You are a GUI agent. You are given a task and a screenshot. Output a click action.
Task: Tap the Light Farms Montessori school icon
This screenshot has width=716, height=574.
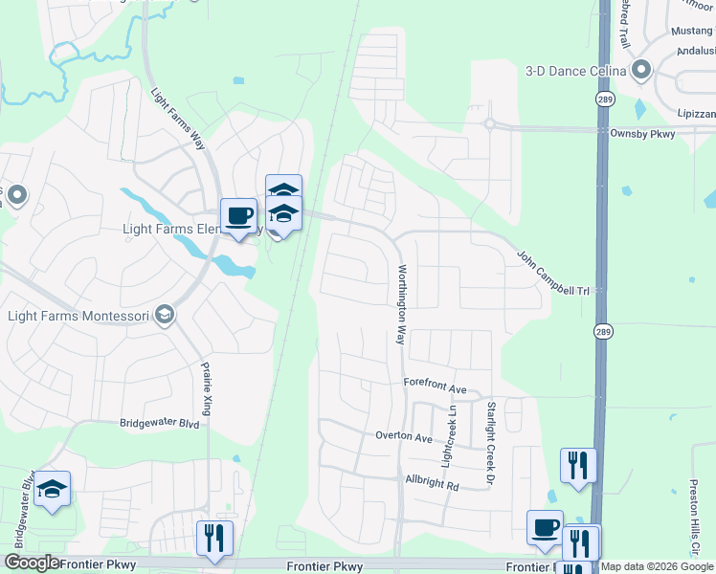tap(165, 316)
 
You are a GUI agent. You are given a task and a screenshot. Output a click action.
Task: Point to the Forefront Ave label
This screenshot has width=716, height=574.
tap(435, 389)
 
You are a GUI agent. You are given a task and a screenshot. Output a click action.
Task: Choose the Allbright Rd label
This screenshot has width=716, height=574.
tap(432, 485)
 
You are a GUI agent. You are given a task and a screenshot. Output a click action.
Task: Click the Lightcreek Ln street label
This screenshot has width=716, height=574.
tap(447, 434)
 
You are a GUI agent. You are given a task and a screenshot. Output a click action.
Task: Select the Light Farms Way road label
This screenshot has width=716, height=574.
tap(179, 121)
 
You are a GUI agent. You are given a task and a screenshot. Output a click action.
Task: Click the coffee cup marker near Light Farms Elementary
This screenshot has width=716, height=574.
tap(238, 215)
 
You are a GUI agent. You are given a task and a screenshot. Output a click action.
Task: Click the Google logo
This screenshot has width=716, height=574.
tap(31, 563)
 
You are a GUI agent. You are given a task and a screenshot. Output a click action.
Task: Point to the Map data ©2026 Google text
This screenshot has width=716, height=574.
tap(657, 566)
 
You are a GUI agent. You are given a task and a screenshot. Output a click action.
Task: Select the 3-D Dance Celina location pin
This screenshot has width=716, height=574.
tap(640, 70)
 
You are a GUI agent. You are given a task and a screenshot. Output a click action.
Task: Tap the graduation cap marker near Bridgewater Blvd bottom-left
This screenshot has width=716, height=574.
tap(52, 490)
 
